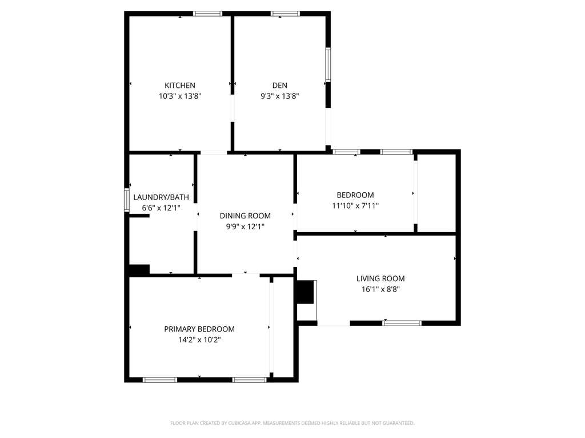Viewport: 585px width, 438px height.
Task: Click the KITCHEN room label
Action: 180,86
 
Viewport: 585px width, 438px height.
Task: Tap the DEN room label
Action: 280,86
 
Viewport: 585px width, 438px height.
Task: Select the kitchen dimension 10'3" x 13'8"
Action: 180,96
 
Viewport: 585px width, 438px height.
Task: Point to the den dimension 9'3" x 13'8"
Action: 280,96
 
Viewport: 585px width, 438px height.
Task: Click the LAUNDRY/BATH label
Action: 161,197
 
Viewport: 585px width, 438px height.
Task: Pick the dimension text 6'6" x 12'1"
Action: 161,208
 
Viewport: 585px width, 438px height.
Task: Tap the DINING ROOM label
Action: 245,216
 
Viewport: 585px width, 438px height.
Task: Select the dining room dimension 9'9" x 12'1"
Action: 245,226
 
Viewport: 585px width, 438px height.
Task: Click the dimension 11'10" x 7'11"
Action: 355,205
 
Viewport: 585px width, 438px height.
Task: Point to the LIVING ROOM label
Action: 380,278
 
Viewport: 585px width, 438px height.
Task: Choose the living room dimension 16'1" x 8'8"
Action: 380,289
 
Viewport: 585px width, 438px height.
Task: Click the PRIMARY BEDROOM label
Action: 199,329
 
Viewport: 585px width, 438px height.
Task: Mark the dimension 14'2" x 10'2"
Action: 199,340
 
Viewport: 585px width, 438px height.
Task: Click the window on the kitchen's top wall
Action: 207,14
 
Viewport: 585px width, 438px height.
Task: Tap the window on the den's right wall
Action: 328,64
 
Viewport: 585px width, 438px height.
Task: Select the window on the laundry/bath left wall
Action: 127,200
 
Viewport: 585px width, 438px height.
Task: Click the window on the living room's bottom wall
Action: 402,323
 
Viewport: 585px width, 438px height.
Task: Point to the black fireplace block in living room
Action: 305,292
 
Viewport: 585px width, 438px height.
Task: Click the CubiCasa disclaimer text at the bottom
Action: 292,423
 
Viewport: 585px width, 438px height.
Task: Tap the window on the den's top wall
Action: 286,14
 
